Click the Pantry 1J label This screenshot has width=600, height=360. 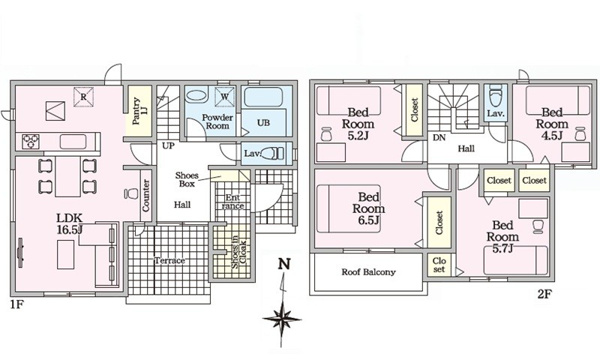coord(138,111)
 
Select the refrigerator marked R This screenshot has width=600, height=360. coord(83,97)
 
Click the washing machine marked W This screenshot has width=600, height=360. coord(225,96)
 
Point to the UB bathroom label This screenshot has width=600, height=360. coord(263,123)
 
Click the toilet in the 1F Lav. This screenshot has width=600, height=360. coord(273,153)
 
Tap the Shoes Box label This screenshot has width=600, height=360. coord(187,179)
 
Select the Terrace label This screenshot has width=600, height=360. coord(170,261)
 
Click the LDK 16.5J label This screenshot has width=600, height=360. coord(70,224)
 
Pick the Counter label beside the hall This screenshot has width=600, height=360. coord(146,195)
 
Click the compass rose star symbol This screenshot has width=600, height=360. coord(282,319)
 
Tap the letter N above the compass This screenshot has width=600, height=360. coord(284,264)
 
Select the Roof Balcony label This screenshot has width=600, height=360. coord(368,272)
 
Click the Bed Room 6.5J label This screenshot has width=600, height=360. coord(368,209)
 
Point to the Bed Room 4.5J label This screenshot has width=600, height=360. coord(552,124)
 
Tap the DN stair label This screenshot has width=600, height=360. coord(439,138)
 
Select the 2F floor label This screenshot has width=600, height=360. coord(545,294)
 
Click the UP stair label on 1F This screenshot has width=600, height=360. coord(168,146)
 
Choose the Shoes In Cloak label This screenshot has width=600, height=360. coord(240,252)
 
